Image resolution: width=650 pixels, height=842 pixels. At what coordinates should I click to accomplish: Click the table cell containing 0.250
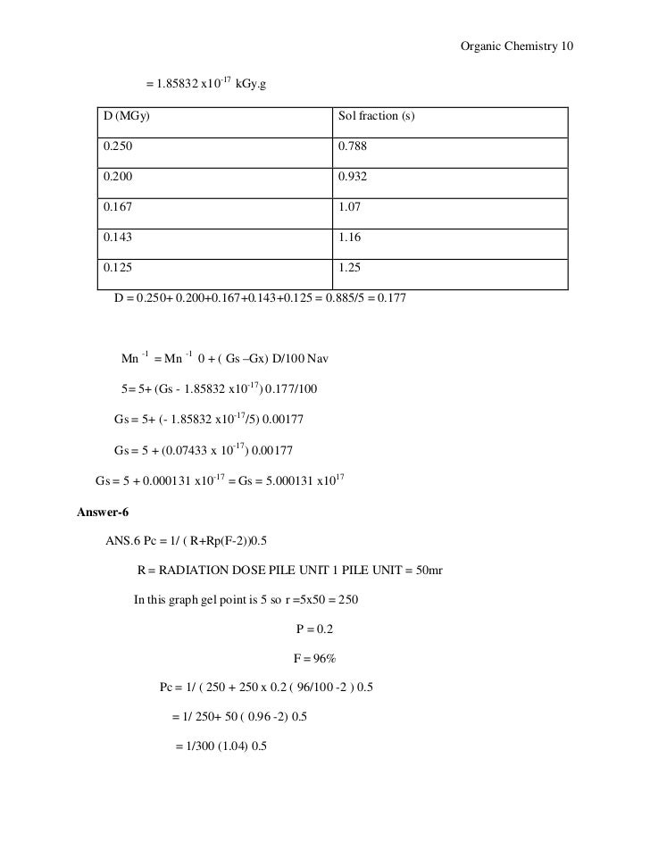coord(120,148)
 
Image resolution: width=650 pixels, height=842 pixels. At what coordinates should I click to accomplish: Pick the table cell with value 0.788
coord(353,148)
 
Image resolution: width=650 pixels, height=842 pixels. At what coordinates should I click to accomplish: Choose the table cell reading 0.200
coord(120,178)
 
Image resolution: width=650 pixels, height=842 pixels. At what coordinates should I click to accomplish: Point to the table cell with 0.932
coord(353,178)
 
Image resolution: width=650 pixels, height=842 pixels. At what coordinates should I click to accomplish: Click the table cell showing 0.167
coord(120,208)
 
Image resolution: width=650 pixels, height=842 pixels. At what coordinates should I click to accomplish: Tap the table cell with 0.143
coord(120,238)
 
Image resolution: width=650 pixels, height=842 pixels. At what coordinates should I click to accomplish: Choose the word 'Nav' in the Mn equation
coord(318,360)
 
